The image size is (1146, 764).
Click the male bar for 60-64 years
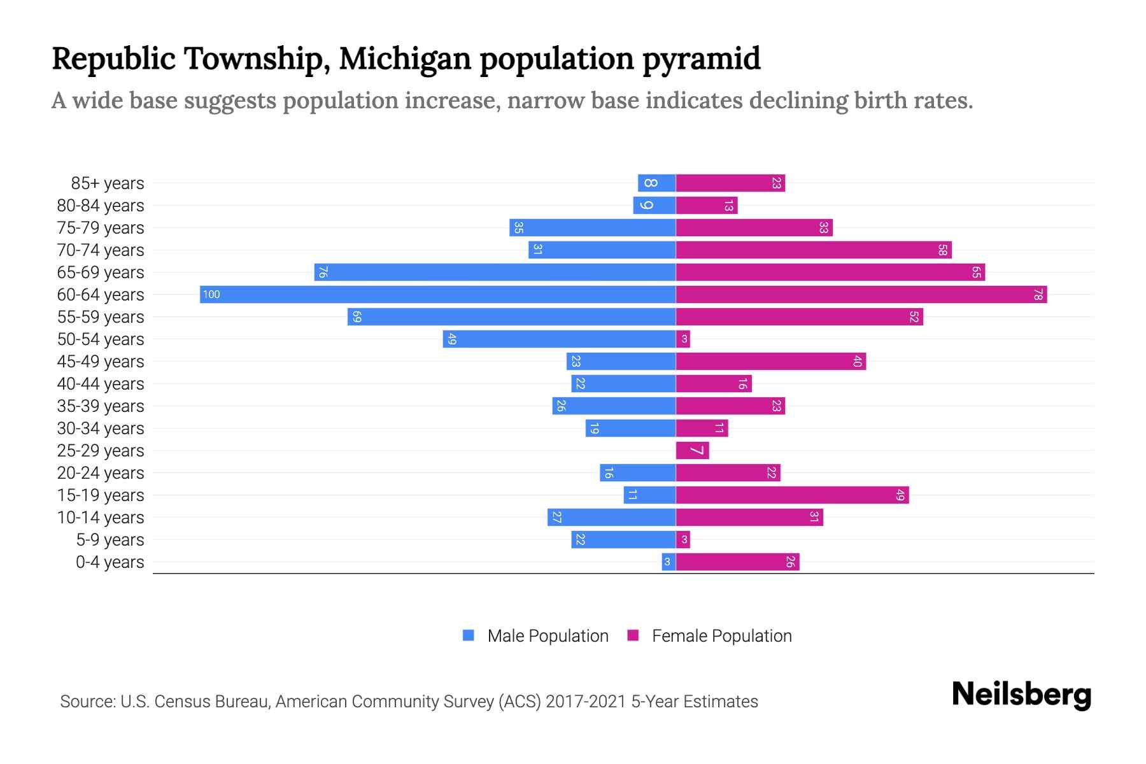(x=438, y=294)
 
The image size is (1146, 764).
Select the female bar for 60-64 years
(x=861, y=294)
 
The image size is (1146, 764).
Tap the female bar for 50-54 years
(x=683, y=339)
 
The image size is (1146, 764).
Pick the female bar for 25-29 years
(x=692, y=450)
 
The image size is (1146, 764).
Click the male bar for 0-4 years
(x=668, y=562)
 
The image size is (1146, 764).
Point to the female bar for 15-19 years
(x=792, y=495)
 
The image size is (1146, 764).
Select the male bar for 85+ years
(x=657, y=183)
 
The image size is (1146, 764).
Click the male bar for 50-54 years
(x=559, y=339)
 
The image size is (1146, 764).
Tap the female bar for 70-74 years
(x=814, y=250)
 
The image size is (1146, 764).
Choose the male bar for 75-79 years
(x=592, y=227)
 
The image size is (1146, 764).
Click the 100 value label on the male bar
(x=211, y=294)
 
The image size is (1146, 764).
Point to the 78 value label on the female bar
(x=1038, y=294)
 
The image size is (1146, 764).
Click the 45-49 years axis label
(x=101, y=361)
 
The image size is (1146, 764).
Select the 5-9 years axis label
(x=110, y=539)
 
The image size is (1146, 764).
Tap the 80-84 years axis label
(x=101, y=205)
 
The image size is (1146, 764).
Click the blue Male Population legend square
(x=469, y=635)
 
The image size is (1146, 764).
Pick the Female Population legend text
(x=721, y=635)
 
